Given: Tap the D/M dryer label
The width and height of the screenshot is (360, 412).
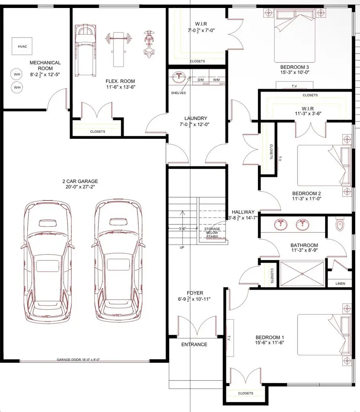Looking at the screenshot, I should pyautogui.click(x=201, y=80).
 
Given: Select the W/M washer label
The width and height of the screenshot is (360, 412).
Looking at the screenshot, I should pyautogui.click(x=216, y=80).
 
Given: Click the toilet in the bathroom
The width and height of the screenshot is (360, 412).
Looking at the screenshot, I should pyautogui.click(x=340, y=225).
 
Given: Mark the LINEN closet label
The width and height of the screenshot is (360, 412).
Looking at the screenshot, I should pyautogui.click(x=340, y=284).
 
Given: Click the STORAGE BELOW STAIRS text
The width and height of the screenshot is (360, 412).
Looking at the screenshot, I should pyautogui.click(x=212, y=232).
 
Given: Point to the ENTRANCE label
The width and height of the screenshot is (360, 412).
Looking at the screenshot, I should pyautogui.click(x=194, y=344).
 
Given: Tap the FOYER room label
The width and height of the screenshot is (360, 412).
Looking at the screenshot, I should pyautogui.click(x=194, y=296).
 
